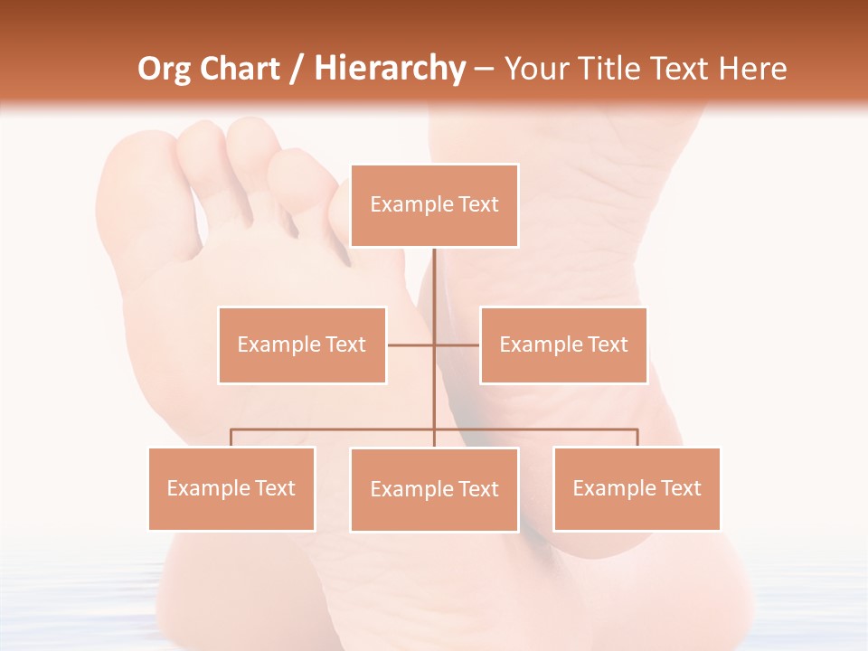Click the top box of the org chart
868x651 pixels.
point(434,205)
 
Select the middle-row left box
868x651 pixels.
point(302,344)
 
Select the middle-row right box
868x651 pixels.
point(563,344)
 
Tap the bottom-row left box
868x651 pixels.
point(231,488)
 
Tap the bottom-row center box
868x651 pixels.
point(434,489)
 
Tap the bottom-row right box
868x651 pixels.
point(637,488)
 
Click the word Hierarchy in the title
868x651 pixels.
point(389,69)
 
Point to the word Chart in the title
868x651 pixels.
point(240,69)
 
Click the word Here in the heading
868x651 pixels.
point(752,69)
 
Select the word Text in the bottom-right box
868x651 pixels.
point(682,488)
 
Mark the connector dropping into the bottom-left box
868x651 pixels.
point(231,438)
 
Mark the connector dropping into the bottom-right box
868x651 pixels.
point(637,438)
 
